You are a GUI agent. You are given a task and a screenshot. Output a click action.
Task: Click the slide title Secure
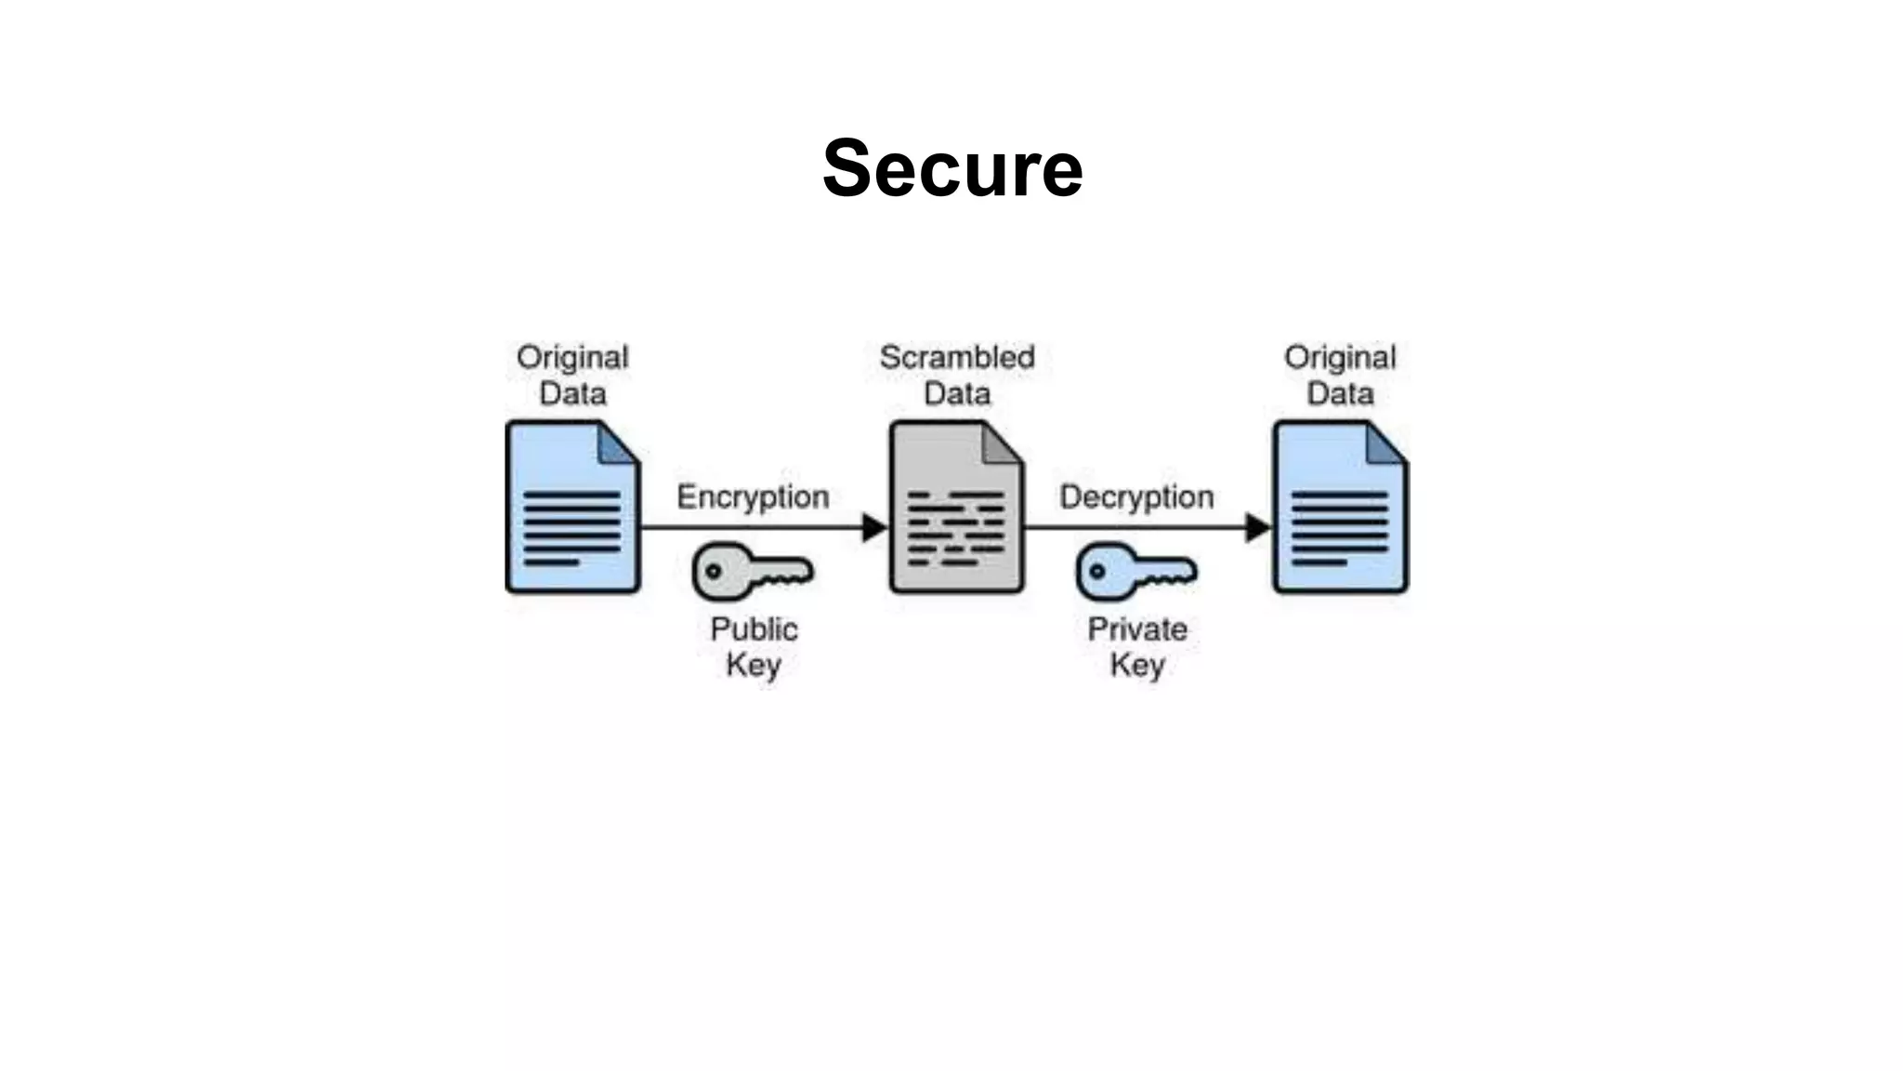click(952, 168)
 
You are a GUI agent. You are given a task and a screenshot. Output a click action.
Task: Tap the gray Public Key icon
click(751, 571)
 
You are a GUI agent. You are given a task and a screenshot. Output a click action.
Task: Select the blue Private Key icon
click(1135, 571)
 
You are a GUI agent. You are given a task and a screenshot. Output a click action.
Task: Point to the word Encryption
click(753, 497)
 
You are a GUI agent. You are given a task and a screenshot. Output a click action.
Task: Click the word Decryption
click(1136, 497)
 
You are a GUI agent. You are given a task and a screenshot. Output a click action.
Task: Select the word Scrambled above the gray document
click(957, 357)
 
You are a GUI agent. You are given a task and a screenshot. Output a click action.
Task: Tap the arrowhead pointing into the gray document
click(874, 527)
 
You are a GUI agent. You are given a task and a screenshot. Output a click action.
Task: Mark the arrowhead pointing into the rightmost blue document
click(1257, 527)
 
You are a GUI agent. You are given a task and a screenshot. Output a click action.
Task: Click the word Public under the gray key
click(754, 629)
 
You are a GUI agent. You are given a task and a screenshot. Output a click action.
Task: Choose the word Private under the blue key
click(1137, 629)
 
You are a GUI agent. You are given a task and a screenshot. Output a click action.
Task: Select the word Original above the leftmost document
click(572, 357)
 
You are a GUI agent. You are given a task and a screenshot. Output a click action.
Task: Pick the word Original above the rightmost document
click(1340, 357)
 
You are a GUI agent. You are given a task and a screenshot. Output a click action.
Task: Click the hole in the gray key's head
click(714, 571)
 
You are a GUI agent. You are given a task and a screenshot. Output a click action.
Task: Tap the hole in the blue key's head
click(1097, 571)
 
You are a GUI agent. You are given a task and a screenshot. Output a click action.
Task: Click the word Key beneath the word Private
click(1137, 666)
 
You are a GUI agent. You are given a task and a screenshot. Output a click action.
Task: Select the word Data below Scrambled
click(957, 393)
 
